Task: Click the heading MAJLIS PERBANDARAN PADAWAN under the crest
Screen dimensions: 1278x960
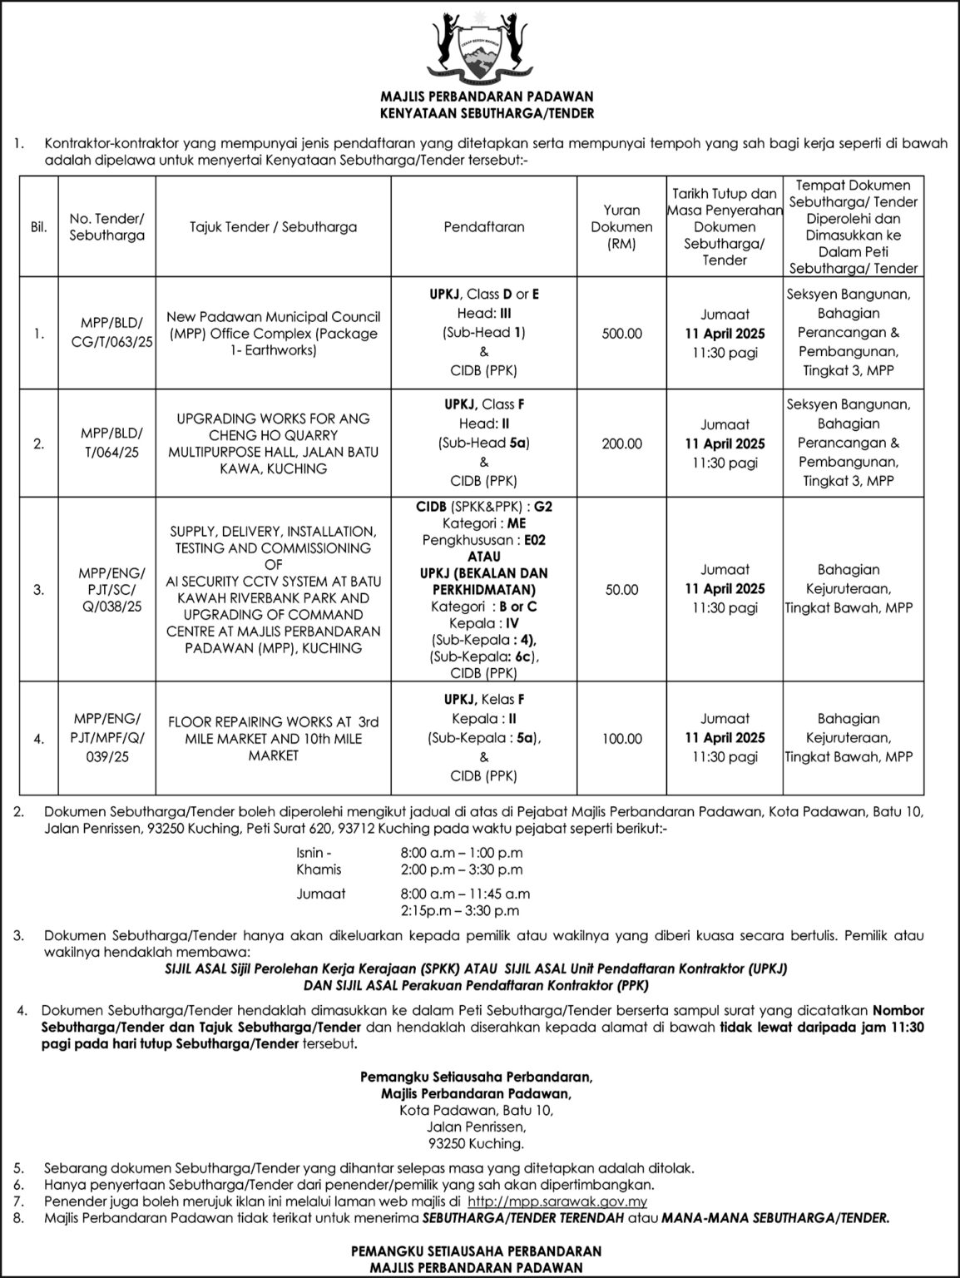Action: click(480, 97)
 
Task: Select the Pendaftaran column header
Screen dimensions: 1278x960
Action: click(484, 226)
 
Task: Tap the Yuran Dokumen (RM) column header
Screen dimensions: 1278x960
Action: click(621, 226)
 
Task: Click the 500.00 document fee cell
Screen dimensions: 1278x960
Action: click(621, 334)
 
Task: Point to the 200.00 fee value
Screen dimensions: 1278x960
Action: click(621, 443)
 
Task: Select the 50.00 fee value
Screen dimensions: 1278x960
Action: click(621, 589)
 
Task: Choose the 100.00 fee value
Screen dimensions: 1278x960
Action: click(621, 738)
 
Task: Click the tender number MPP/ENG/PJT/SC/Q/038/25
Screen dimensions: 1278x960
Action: click(111, 590)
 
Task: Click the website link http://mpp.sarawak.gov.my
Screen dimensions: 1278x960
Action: click(557, 1201)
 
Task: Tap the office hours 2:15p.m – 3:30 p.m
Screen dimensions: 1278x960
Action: click(460, 911)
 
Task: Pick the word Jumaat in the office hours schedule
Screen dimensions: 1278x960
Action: click(320, 894)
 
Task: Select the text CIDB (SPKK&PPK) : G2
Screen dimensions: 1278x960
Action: click(484, 507)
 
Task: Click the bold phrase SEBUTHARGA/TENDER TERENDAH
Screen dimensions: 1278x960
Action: click(536, 1218)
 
